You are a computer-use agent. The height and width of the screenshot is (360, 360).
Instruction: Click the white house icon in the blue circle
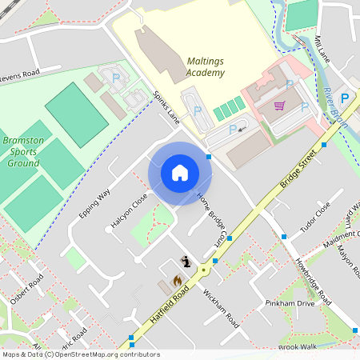click(x=180, y=173)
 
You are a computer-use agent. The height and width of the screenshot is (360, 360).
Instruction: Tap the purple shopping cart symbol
click(x=279, y=106)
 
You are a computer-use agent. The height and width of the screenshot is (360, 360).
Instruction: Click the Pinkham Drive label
click(x=290, y=304)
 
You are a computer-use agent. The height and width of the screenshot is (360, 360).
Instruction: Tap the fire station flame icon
click(x=178, y=280)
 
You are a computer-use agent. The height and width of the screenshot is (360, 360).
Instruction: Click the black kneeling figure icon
click(x=186, y=261)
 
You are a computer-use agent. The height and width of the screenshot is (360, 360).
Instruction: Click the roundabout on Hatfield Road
click(x=215, y=261)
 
